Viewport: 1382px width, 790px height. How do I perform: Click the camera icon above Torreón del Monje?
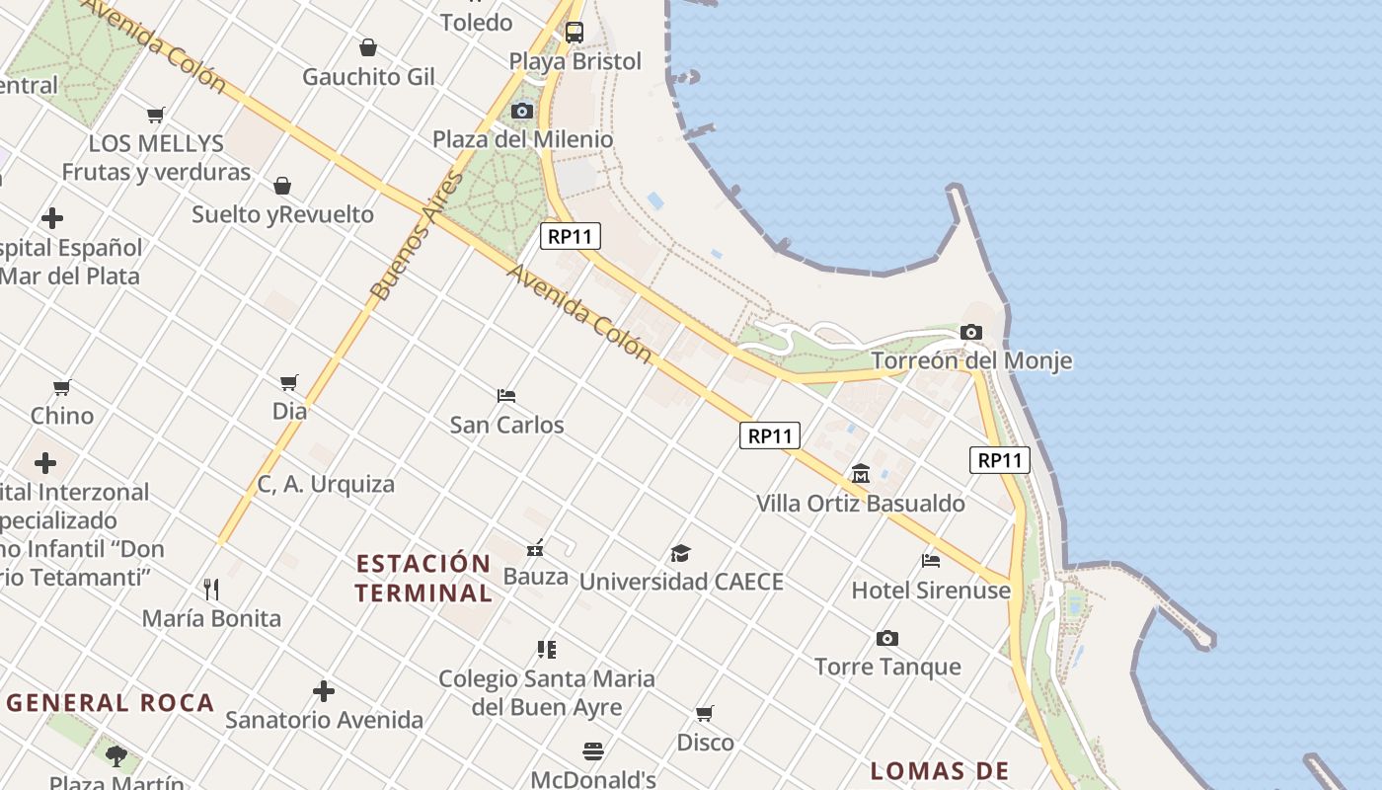[x=971, y=332]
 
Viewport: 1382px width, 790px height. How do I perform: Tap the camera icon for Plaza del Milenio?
[x=522, y=111]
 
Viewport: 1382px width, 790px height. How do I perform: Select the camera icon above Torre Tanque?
[x=887, y=638]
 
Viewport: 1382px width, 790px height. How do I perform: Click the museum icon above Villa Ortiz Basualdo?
[x=861, y=474]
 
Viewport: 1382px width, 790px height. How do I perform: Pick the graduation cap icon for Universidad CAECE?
[x=680, y=553]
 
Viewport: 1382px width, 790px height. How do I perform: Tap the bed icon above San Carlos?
[x=506, y=396]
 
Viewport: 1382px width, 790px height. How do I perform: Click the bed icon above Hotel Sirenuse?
[x=931, y=561]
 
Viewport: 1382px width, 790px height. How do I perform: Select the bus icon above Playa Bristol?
[x=575, y=33]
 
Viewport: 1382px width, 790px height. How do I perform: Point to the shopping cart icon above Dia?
[x=289, y=382]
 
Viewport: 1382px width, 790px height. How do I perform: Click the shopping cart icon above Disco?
[x=705, y=713]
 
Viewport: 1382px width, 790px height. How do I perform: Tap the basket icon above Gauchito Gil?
[x=368, y=47]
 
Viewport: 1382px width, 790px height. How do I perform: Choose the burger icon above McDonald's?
[x=592, y=751]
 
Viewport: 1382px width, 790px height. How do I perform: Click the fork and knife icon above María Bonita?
[x=211, y=590]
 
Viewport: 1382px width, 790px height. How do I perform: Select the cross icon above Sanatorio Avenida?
[x=324, y=691]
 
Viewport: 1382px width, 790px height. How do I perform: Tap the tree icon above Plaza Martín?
[x=116, y=756]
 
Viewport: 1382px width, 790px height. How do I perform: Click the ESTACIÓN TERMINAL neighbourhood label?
[x=423, y=579]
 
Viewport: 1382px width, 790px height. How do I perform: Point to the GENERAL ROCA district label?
[x=111, y=703]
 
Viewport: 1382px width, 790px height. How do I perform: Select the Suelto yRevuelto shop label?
[x=283, y=214]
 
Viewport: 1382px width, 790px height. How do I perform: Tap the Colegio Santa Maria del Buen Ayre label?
[x=547, y=692]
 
